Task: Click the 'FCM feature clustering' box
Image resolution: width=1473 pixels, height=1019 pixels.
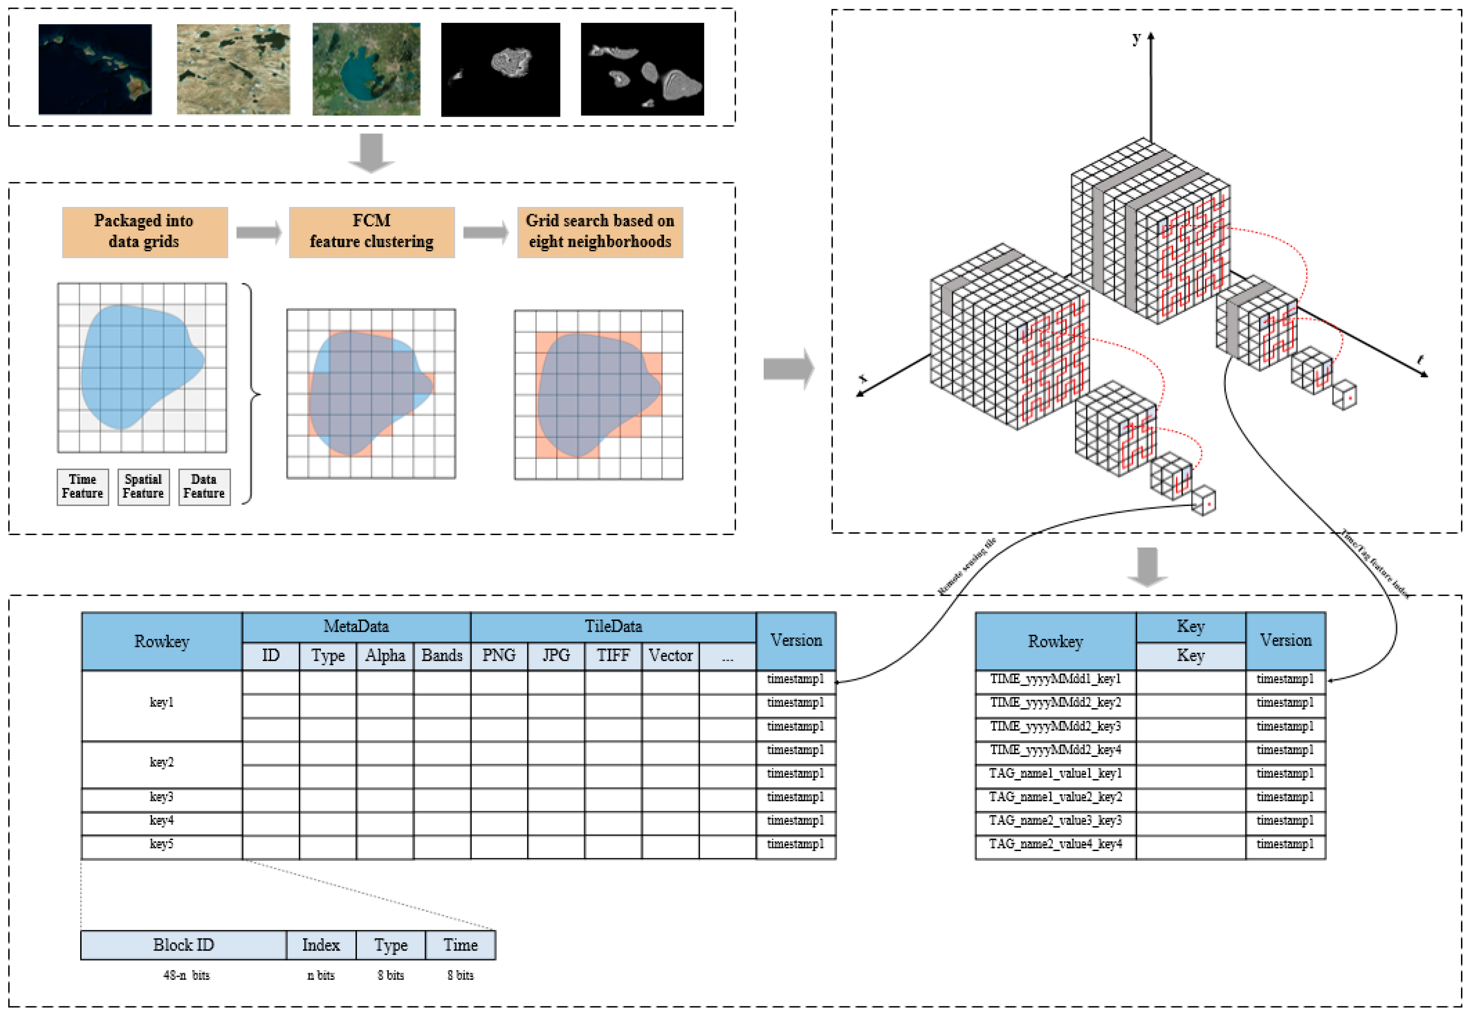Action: (371, 232)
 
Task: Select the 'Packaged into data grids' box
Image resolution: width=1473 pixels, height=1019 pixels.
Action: (144, 232)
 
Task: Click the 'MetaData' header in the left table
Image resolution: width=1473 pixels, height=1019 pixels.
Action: (356, 626)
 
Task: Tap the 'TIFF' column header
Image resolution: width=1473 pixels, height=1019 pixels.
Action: (613, 656)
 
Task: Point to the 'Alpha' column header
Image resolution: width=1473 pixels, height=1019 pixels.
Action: (385, 656)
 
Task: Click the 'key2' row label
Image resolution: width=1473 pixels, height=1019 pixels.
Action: (161, 762)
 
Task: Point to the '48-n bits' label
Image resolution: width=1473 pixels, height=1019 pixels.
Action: (186, 976)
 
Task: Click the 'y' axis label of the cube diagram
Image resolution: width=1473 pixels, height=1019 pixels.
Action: (1136, 38)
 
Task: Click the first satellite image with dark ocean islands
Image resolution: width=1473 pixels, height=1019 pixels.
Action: (95, 69)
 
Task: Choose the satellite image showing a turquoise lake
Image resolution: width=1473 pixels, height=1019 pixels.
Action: (366, 69)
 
